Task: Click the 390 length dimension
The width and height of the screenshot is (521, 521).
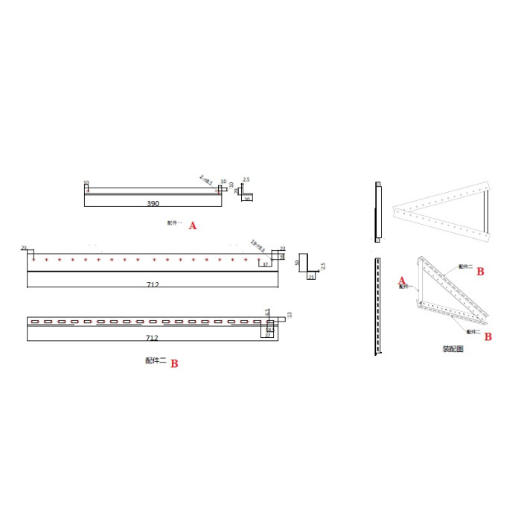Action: [x=153, y=203]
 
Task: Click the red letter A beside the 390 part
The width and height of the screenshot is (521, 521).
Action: [x=193, y=226]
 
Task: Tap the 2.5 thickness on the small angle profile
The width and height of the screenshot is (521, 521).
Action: [x=246, y=179]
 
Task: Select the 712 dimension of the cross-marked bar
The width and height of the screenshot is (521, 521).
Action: [x=153, y=284]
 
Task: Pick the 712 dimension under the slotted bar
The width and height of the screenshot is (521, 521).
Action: [x=153, y=338]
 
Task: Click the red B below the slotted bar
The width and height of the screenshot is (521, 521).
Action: [x=174, y=364]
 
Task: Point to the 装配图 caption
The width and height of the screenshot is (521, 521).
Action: [x=453, y=348]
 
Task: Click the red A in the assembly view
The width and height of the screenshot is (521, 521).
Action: [x=402, y=281]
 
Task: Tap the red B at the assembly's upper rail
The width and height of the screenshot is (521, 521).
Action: [x=480, y=272]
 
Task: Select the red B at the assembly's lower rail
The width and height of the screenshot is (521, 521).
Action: [x=488, y=336]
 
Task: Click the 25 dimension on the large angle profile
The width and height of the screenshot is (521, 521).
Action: [x=310, y=278]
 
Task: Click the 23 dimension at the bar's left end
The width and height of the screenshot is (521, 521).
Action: [x=24, y=248]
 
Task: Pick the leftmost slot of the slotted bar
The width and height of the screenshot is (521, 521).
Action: [x=34, y=322]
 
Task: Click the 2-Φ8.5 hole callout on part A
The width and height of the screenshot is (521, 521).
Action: [x=206, y=179]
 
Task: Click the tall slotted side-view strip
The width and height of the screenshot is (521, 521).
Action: [x=378, y=305]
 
